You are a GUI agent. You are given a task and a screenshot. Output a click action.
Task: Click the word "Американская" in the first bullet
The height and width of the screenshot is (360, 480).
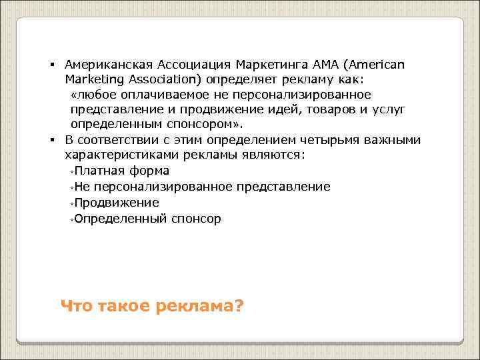(109, 65)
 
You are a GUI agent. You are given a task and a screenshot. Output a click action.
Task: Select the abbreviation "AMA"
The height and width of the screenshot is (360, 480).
(321, 65)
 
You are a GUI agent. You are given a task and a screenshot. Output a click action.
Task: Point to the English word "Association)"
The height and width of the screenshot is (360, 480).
(167, 79)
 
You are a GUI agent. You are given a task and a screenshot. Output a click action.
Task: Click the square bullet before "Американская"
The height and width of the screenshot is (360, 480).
(51, 65)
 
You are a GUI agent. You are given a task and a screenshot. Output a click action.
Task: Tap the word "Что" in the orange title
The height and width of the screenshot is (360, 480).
(76, 306)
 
